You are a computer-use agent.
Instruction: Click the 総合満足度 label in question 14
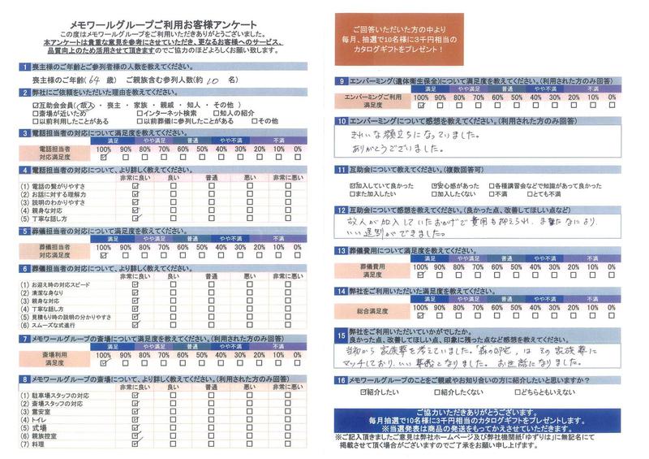click(373, 311)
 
